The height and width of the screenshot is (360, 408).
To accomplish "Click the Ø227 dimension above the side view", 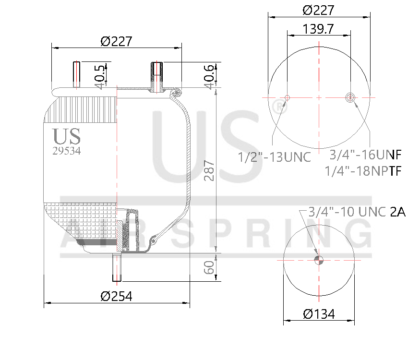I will point(116,42).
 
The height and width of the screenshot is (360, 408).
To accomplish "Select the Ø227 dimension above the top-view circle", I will point(319,10).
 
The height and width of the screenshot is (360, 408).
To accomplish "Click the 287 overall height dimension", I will point(209,170).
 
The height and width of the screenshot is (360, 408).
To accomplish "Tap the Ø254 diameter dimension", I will point(116,296).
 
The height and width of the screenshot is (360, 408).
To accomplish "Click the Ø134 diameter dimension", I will point(319,314).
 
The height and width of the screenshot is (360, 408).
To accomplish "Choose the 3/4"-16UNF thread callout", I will point(365,155).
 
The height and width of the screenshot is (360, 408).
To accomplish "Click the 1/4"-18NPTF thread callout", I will point(362,171).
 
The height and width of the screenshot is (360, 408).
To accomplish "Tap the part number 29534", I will point(66,150).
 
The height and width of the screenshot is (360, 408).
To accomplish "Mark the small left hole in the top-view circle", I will point(287,98).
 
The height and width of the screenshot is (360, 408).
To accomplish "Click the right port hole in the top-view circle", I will point(350,98).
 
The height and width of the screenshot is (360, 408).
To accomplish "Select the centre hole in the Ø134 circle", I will point(319,260).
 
